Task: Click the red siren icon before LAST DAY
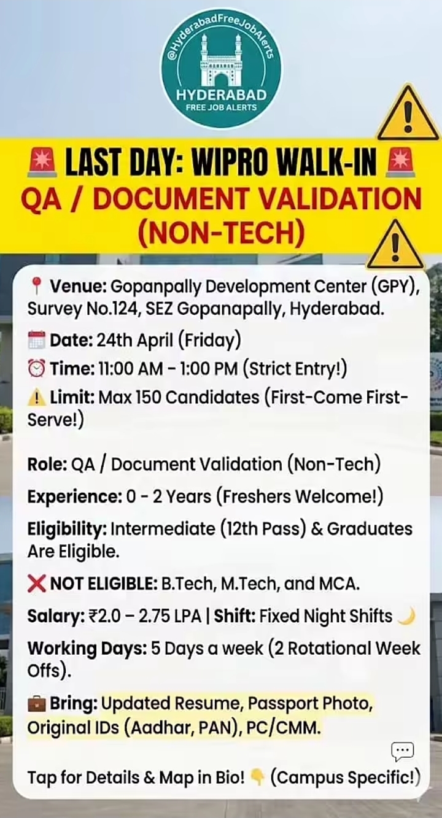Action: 43,163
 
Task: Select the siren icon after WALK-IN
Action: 400,163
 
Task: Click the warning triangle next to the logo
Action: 408,114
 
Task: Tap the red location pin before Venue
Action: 36,286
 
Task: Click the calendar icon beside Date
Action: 37,339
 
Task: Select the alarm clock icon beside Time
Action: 37,369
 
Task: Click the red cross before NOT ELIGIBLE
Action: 37,584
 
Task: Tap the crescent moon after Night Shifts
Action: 406,615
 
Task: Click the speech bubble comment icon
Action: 402,751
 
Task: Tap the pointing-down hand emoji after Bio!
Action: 258,778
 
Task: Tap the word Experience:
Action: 74,496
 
